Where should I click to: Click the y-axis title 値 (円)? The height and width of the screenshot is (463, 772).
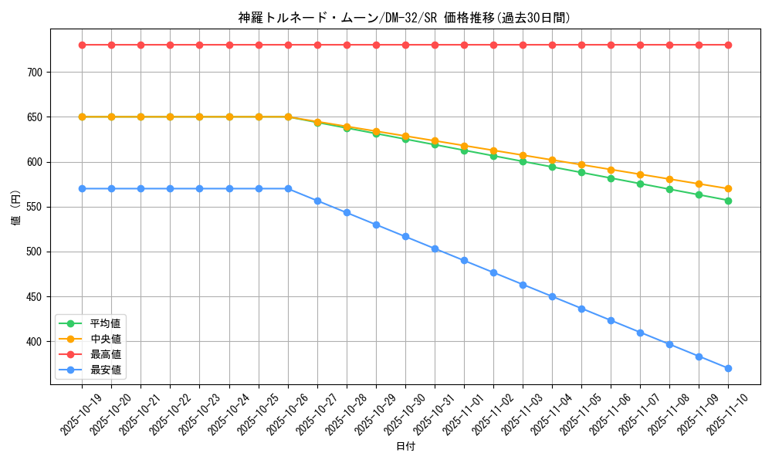pyautogui.click(x=16, y=208)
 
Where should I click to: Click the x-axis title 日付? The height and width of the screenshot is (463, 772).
pyautogui.click(x=405, y=447)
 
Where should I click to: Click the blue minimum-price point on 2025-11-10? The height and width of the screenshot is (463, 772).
pyautogui.click(x=728, y=368)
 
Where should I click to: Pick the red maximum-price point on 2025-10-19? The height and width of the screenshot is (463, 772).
pyautogui.click(x=82, y=45)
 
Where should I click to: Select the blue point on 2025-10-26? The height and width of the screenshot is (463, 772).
pyautogui.click(x=288, y=188)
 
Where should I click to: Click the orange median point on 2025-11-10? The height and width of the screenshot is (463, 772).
pyautogui.click(x=728, y=188)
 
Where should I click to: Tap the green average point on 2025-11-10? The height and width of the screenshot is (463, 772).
pyautogui.click(x=728, y=201)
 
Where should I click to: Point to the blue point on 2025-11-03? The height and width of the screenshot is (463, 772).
pyautogui.click(x=523, y=285)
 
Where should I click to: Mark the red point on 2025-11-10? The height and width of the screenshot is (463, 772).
pyautogui.click(x=728, y=45)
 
